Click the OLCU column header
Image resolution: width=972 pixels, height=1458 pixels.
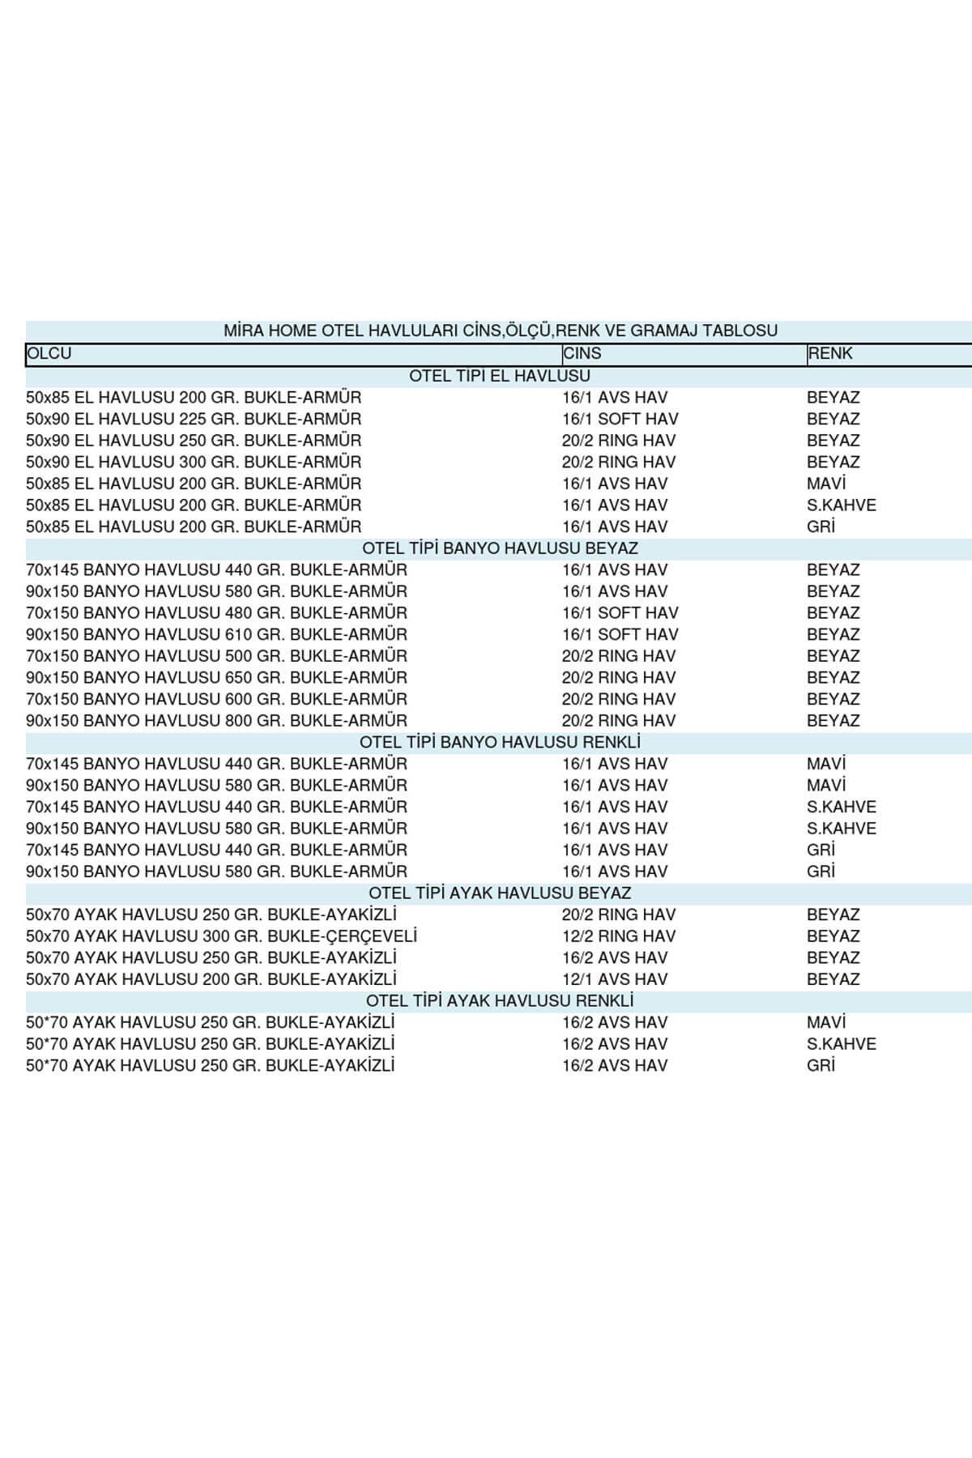tap(49, 354)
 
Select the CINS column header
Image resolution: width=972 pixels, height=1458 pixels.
tap(582, 354)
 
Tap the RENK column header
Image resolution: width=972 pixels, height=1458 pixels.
tap(830, 354)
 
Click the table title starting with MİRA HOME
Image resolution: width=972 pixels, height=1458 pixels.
tap(500, 330)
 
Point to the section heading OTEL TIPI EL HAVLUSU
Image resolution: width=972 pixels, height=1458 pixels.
tap(500, 376)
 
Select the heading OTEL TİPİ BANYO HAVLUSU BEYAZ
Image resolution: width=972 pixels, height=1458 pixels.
tap(500, 548)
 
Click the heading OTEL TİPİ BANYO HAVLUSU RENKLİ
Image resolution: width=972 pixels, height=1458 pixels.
tap(500, 742)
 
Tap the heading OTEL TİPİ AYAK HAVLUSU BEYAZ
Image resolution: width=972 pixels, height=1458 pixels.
tap(500, 893)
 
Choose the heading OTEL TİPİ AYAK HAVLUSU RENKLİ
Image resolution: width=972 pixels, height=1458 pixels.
tap(500, 1000)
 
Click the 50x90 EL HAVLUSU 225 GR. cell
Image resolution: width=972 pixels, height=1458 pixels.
tap(194, 419)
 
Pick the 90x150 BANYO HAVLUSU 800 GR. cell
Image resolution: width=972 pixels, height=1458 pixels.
tap(216, 720)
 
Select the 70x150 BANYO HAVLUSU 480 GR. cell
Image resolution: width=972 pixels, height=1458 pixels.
tap(216, 613)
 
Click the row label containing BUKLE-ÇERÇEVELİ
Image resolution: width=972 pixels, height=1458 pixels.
tap(221, 936)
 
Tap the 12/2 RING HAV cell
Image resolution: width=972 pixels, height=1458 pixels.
tap(619, 936)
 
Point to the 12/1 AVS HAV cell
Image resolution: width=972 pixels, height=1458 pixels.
tap(615, 979)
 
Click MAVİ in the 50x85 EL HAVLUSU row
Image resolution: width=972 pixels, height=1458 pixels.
tap(826, 484)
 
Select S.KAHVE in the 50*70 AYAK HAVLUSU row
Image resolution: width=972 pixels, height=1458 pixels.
tap(842, 1044)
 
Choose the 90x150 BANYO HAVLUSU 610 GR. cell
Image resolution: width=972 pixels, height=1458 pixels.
tap(216, 634)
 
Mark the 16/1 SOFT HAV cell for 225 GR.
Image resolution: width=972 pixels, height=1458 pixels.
tap(620, 419)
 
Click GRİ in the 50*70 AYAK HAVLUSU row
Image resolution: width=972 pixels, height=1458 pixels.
tap(821, 1065)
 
